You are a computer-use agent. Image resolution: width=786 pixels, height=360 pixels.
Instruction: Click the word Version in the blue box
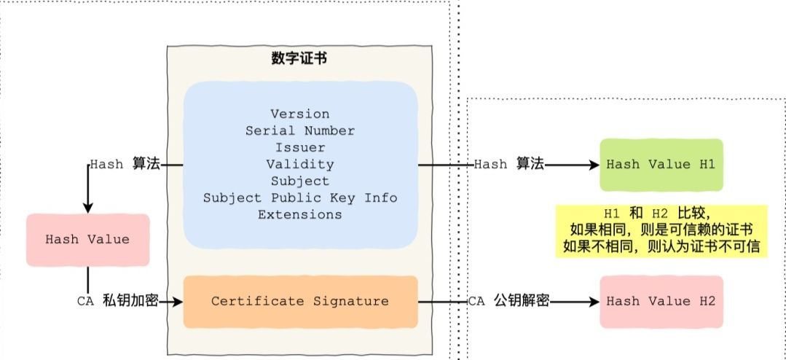click(x=299, y=114)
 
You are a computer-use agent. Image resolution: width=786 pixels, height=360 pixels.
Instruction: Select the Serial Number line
click(x=299, y=130)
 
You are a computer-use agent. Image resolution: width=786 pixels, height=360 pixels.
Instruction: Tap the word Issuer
click(x=299, y=147)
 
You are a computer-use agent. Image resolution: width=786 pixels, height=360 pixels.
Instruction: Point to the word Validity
click(x=299, y=164)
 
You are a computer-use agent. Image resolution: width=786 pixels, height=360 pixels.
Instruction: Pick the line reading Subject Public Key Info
click(x=299, y=197)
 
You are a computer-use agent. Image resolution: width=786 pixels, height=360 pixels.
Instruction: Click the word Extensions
click(x=299, y=214)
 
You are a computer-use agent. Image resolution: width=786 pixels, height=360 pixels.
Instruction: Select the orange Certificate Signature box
click(x=299, y=301)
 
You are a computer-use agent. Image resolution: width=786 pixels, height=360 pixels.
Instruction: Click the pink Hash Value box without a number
click(x=87, y=239)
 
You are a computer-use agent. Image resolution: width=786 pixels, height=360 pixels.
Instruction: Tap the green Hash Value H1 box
click(x=661, y=165)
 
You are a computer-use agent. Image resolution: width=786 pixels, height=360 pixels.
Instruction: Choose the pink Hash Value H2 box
click(x=661, y=301)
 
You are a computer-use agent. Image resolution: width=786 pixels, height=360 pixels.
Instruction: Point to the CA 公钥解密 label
click(x=508, y=301)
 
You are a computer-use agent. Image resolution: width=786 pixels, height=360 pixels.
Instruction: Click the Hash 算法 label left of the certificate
click(x=125, y=165)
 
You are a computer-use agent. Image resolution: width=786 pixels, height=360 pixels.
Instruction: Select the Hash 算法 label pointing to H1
click(x=508, y=165)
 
